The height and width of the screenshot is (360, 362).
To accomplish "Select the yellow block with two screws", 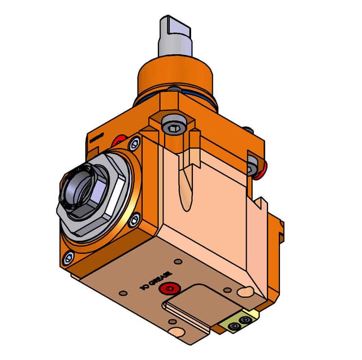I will [240, 321].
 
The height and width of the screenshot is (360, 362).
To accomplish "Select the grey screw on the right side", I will [252, 166].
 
